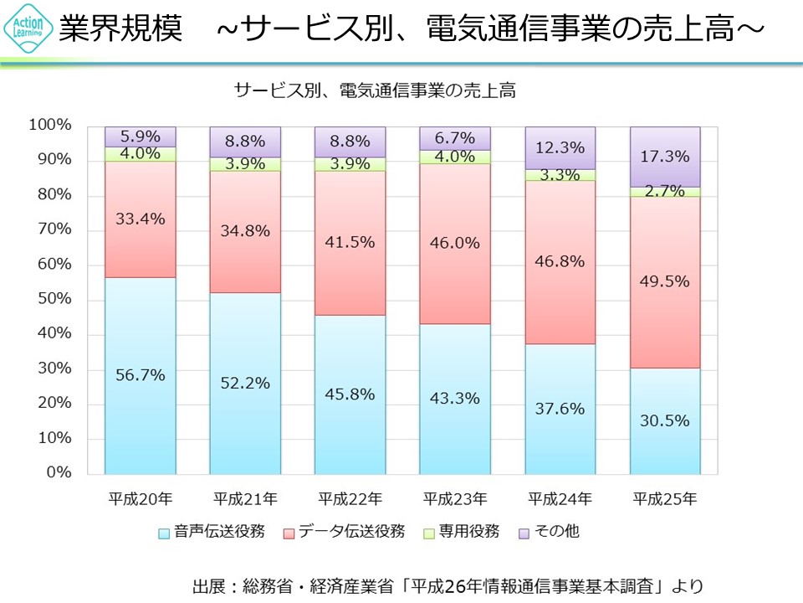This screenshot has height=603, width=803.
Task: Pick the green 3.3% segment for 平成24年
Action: point(560,175)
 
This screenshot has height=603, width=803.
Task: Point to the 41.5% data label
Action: point(350,241)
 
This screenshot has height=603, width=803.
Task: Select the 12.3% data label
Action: point(560,147)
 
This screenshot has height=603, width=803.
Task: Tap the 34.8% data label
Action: point(246,230)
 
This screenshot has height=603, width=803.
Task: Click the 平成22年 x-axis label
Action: point(350,499)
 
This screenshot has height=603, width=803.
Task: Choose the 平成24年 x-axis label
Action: point(560,499)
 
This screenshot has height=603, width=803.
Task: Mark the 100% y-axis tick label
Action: point(51,126)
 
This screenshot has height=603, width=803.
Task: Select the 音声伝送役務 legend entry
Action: point(212,532)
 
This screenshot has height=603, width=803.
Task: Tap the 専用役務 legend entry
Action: point(463,532)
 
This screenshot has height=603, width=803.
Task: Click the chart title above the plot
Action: point(375,90)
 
